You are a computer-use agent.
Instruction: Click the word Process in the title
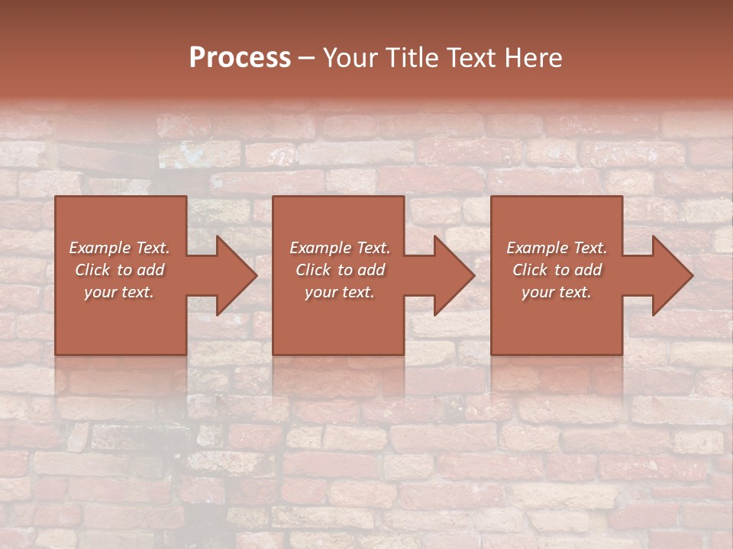pyautogui.click(x=240, y=58)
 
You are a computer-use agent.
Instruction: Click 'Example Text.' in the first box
pyautogui.click(x=119, y=248)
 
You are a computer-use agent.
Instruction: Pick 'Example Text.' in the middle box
pyautogui.click(x=340, y=248)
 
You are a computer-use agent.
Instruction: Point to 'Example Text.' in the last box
pyautogui.click(x=557, y=248)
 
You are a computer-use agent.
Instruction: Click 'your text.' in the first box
pyautogui.click(x=119, y=292)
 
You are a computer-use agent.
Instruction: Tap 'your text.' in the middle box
pyautogui.click(x=340, y=292)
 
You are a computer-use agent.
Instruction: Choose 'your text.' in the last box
pyautogui.click(x=557, y=292)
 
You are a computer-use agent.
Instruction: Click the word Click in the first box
pyautogui.click(x=92, y=270)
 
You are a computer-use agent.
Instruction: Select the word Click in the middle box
pyautogui.click(x=313, y=270)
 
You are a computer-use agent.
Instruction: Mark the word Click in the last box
pyautogui.click(x=530, y=270)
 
